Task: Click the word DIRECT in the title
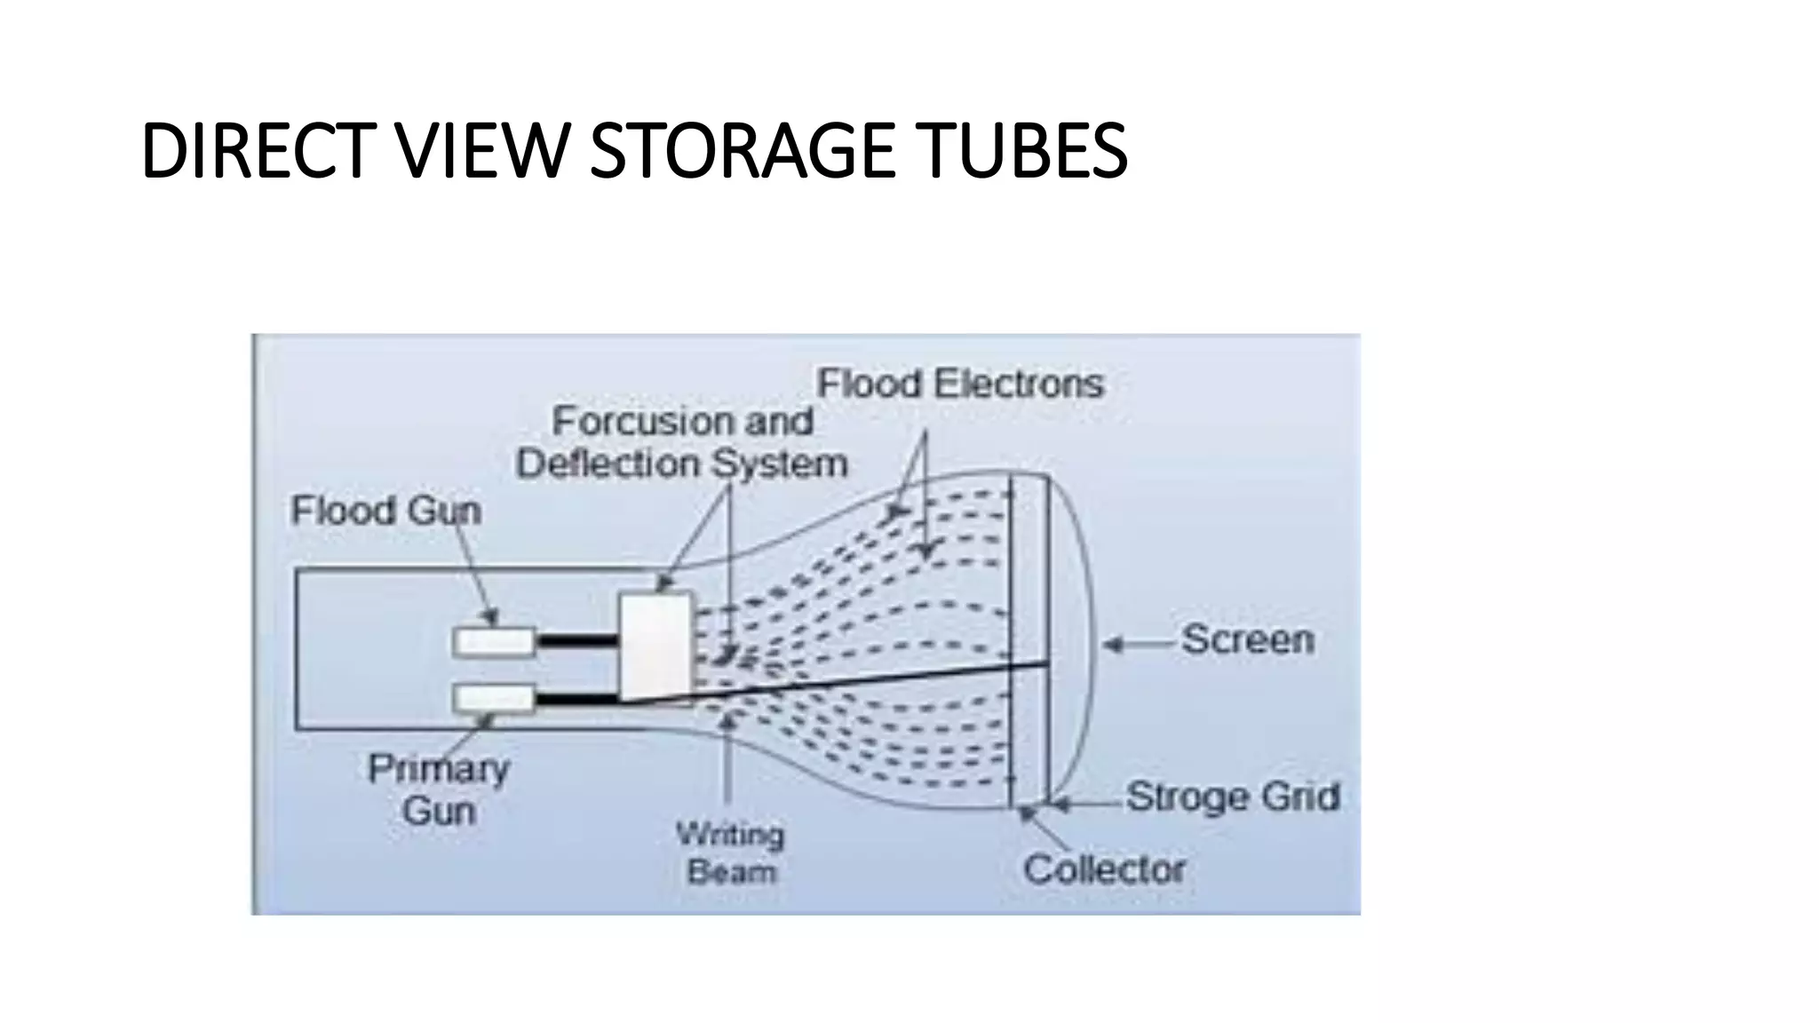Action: pos(254,151)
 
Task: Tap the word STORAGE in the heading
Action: pos(744,151)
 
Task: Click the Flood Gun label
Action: pos(385,511)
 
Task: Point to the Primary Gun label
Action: pos(439,789)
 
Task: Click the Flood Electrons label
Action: pos(960,384)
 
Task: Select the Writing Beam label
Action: pos(731,852)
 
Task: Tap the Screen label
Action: pos(1247,639)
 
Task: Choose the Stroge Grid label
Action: pos(1233,797)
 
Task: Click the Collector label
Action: pos(1104,868)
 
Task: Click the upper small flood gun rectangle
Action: pos(494,641)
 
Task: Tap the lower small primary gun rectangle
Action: pos(494,699)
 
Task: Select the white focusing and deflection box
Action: pos(655,646)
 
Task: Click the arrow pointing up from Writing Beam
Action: pos(727,755)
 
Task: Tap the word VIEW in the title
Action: pos(481,151)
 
